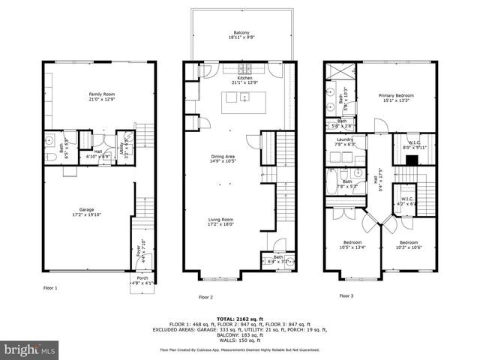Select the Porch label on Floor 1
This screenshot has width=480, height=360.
point(142,280)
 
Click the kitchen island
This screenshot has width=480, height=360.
point(242,99)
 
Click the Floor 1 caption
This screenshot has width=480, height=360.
point(50,286)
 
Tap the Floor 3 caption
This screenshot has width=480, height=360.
point(346,295)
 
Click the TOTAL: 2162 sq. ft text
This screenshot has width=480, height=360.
point(240,319)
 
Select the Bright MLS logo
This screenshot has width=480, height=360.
point(30,349)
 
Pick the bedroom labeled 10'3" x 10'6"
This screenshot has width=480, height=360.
point(409,244)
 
